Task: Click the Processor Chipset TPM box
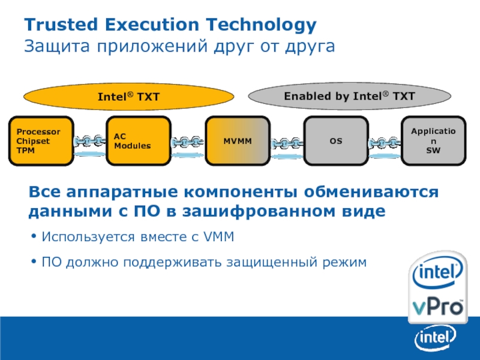click(x=41, y=141)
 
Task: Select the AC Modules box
click(x=139, y=141)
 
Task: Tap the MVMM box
click(x=237, y=141)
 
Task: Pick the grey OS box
click(x=335, y=141)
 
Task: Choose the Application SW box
click(x=433, y=141)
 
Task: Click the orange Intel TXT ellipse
click(x=128, y=96)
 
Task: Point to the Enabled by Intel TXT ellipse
click(x=349, y=95)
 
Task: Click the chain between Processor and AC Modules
click(x=90, y=143)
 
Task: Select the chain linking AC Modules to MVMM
click(x=188, y=143)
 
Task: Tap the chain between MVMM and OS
click(x=286, y=143)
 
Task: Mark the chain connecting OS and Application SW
click(x=384, y=143)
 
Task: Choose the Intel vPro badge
click(x=437, y=289)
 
